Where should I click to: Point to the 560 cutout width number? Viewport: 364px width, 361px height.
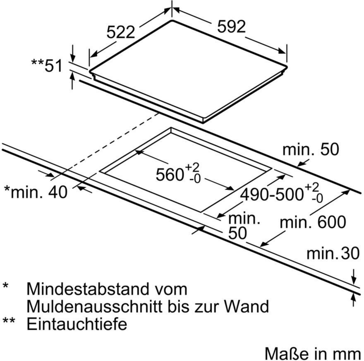[x=170, y=175]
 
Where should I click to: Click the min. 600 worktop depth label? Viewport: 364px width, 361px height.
[x=313, y=222]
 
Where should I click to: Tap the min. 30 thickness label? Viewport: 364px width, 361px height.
[x=333, y=254]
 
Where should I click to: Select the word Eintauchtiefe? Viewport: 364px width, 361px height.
[x=77, y=324]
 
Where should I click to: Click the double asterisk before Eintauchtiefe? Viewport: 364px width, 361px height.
[x=10, y=322]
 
